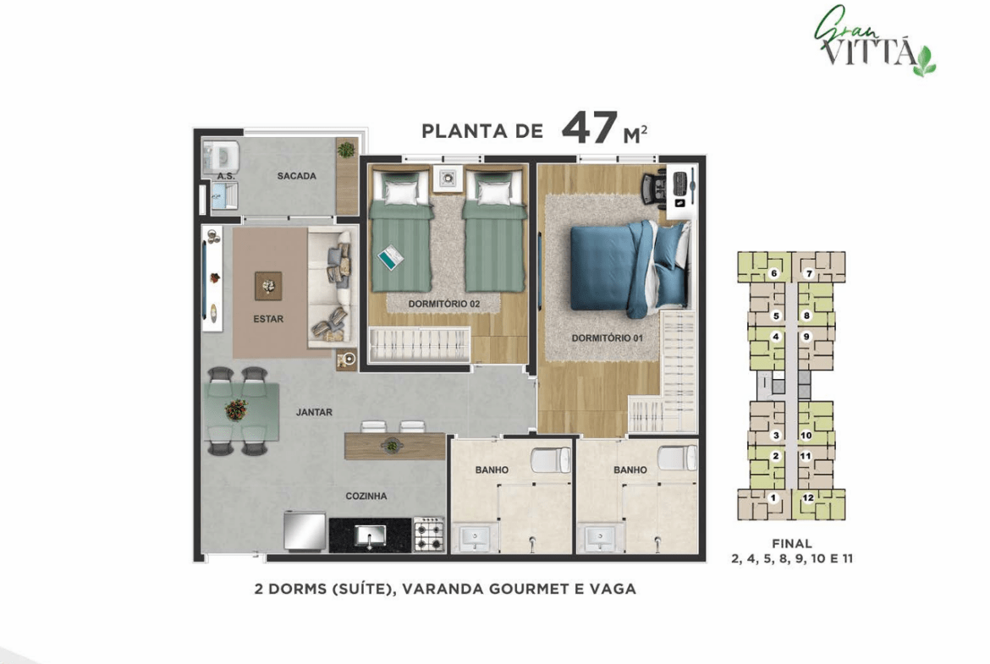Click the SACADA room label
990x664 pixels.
click(296, 176)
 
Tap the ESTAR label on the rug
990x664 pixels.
click(268, 320)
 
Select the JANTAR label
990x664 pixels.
click(314, 412)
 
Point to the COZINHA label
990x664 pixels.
click(366, 497)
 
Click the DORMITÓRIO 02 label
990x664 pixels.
click(444, 305)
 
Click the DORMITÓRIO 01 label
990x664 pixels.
click(607, 338)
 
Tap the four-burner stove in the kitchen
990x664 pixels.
click(429, 535)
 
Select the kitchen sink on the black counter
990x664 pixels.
click(370, 535)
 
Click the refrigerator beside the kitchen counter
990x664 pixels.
click(305, 531)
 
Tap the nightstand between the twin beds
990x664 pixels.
click(448, 178)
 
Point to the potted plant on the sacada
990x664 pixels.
click(346, 151)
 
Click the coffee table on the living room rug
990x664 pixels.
click(268, 287)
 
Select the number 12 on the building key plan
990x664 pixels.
click(808, 498)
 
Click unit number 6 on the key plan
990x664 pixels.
click(773, 273)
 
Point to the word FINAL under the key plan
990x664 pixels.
click(792, 543)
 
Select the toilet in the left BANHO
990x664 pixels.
click(550, 459)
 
